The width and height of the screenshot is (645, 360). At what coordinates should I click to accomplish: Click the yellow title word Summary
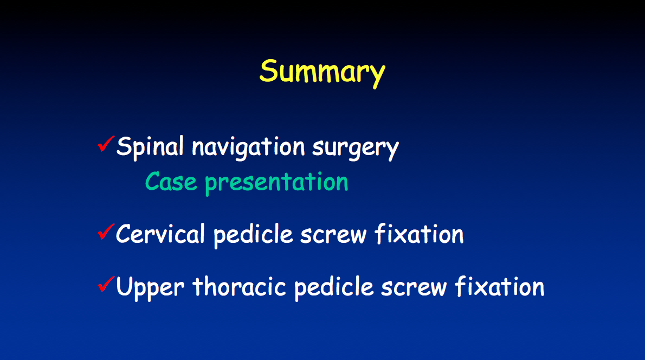pyautogui.click(x=322, y=73)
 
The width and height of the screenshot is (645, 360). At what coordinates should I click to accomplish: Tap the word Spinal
pyautogui.click(x=150, y=147)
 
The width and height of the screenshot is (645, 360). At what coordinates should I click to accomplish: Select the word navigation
pyautogui.click(x=248, y=147)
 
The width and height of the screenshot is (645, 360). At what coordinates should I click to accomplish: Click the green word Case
pyautogui.click(x=171, y=182)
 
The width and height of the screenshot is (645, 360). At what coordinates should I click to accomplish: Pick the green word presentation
pyautogui.click(x=276, y=183)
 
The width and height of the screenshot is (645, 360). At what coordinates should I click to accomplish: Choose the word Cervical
pyautogui.click(x=160, y=234)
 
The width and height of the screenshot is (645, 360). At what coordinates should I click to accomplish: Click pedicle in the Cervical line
pyautogui.click(x=253, y=235)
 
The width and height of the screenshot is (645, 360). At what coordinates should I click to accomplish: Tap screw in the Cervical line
pyautogui.click(x=333, y=235)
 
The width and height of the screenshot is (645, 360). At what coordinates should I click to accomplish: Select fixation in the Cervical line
pyautogui.click(x=419, y=234)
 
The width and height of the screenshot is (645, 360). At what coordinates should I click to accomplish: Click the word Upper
pyautogui.click(x=150, y=287)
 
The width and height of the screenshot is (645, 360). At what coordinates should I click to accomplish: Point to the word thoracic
pyautogui.click(x=239, y=286)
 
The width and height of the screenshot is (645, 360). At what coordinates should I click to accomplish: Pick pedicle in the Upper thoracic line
pyautogui.click(x=334, y=287)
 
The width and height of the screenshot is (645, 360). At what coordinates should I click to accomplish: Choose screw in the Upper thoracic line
pyautogui.click(x=414, y=287)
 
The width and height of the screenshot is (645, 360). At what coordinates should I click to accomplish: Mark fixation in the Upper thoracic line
pyautogui.click(x=499, y=286)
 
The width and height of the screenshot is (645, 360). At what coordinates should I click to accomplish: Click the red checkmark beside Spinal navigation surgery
pyautogui.click(x=106, y=144)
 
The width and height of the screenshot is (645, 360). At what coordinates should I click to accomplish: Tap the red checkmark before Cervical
pyautogui.click(x=106, y=232)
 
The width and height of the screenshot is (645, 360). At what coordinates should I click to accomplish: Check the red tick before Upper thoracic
pyautogui.click(x=106, y=284)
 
